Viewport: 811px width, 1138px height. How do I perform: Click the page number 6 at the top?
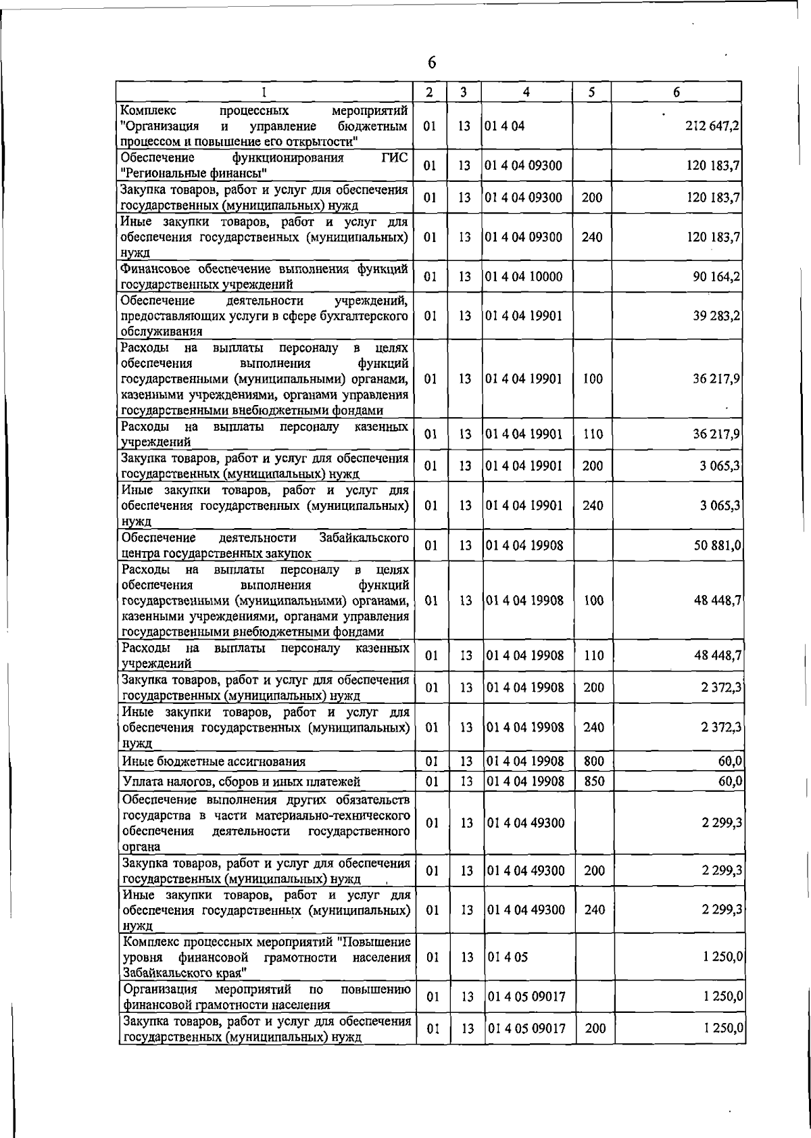pos(432,62)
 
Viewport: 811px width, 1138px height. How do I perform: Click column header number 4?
pos(526,92)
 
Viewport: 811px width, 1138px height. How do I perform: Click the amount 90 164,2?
pos(716,277)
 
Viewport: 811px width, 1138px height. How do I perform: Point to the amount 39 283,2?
pos(716,316)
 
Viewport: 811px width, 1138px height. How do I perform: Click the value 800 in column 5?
pos(593,761)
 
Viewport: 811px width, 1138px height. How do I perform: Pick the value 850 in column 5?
pos(593,782)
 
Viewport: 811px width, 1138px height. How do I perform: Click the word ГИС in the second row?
pos(395,158)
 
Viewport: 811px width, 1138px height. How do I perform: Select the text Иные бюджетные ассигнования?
pos(214,761)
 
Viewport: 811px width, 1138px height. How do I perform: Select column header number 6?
pos(676,92)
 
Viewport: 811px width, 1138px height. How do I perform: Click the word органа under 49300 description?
pos(141,847)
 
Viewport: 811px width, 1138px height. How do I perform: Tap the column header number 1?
pos(264,92)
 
